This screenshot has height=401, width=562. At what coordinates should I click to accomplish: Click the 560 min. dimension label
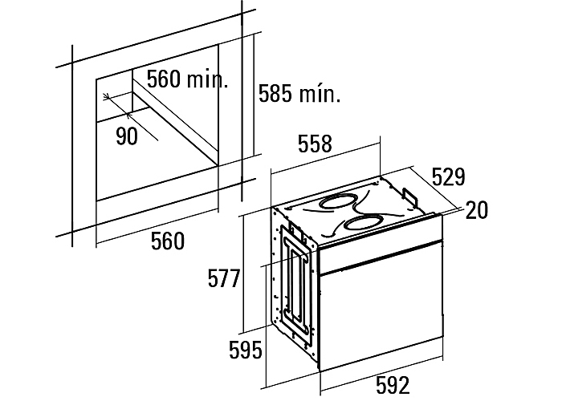tap(187, 79)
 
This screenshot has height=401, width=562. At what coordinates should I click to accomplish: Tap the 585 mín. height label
tap(299, 94)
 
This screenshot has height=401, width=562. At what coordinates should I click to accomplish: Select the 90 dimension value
tap(127, 136)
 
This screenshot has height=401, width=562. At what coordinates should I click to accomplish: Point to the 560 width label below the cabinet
tap(168, 241)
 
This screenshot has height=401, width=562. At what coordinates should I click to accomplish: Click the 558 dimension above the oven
tap(315, 144)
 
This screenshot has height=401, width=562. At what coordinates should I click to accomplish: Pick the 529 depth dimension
tap(448, 176)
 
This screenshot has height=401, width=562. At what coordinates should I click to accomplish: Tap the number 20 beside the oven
tap(477, 210)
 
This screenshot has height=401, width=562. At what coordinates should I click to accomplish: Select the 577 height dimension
tap(224, 278)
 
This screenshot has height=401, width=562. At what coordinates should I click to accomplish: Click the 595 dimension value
tap(246, 350)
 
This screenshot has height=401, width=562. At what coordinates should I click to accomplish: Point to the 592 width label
tap(393, 385)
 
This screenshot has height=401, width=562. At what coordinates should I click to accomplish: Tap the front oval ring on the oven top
tap(363, 224)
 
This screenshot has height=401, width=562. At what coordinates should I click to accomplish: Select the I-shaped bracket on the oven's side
tap(298, 285)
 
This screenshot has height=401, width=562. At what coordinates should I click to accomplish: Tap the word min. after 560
tap(208, 79)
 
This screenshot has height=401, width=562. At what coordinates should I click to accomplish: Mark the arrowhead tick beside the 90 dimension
tap(107, 97)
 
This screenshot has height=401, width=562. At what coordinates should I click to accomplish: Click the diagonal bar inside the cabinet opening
tap(175, 124)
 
